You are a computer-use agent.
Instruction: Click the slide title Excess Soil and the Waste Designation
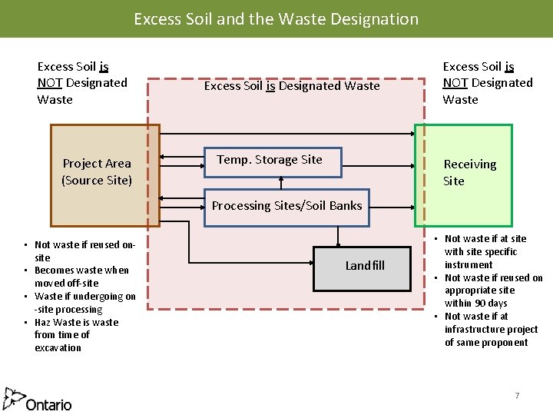[276, 18]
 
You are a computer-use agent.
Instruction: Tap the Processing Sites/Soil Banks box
[286, 206]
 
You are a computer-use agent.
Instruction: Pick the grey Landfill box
[364, 266]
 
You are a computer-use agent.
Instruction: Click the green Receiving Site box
[463, 174]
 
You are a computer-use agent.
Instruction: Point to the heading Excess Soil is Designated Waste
[291, 86]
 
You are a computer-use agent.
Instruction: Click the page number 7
[517, 396]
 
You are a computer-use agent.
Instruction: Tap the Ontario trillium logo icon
[13, 399]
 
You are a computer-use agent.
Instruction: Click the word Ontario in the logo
[48, 404]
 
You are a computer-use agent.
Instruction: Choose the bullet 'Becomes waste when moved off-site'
[81, 277]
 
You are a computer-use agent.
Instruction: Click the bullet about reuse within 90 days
[492, 290]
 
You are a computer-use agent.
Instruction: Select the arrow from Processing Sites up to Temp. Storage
[281, 181]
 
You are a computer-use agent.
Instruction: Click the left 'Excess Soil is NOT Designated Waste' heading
[82, 83]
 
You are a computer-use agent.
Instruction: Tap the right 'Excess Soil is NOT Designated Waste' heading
[487, 83]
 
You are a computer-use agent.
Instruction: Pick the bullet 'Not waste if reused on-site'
[83, 251]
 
